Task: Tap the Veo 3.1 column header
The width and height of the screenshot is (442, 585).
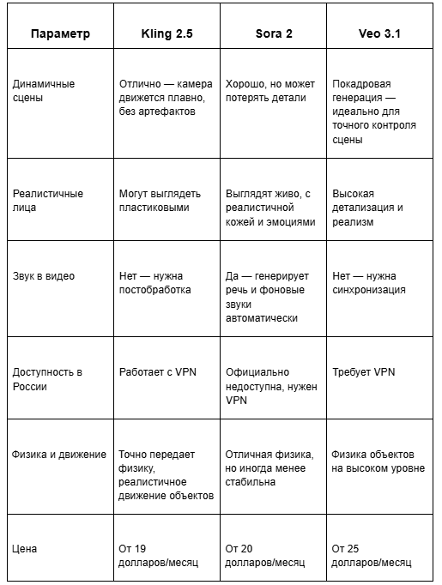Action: point(378,34)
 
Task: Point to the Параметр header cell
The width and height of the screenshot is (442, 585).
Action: point(60,34)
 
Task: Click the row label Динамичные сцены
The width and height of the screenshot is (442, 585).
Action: point(44,91)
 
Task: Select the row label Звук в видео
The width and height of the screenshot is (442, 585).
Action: point(44,276)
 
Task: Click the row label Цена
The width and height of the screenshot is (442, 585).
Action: point(25,548)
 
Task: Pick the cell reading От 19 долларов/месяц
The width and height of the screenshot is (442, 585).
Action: point(159,555)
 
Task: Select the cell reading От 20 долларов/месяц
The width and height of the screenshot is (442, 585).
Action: point(265,555)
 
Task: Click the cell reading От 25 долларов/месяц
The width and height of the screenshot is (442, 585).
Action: point(372,555)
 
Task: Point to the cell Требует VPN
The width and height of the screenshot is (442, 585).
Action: point(364,372)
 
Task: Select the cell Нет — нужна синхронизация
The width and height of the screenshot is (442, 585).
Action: point(369,283)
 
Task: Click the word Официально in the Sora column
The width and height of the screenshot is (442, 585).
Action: point(258,372)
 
